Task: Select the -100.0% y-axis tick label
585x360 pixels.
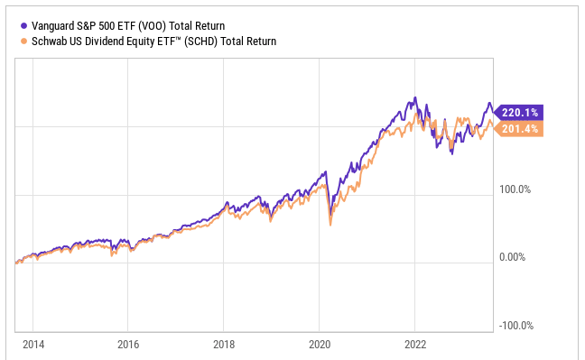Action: click(x=516, y=327)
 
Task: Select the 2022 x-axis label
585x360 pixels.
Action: click(x=414, y=344)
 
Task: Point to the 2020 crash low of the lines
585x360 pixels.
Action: click(x=330, y=223)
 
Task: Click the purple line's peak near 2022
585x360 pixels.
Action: click(x=414, y=97)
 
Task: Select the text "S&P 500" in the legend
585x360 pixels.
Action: click(x=97, y=26)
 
